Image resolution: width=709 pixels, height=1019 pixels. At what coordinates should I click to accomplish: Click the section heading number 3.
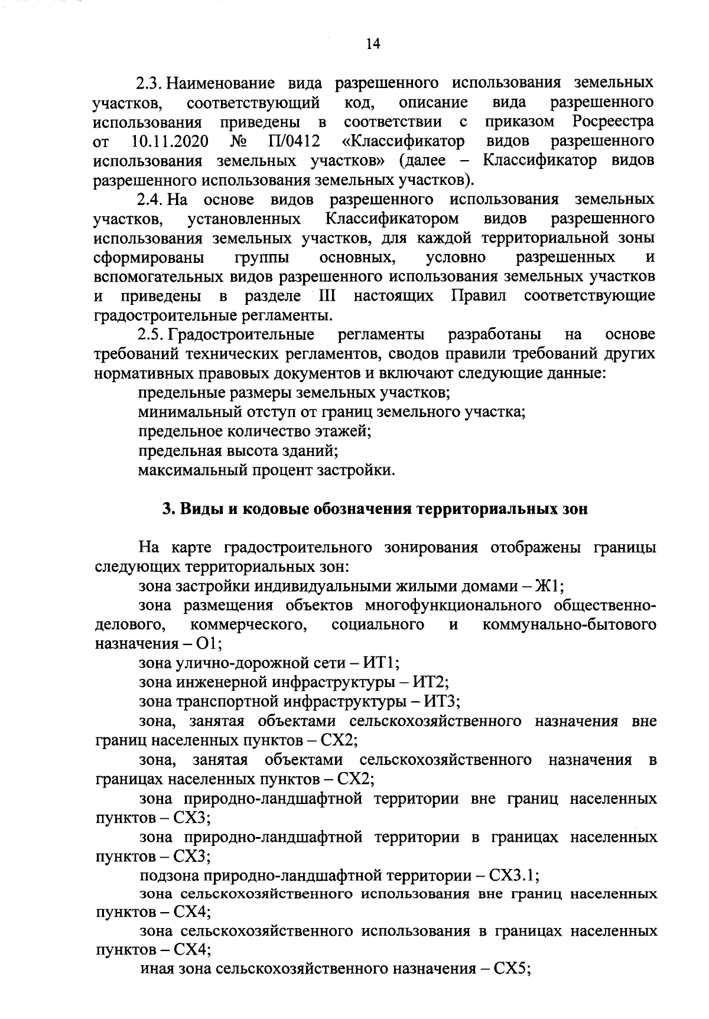point(167,509)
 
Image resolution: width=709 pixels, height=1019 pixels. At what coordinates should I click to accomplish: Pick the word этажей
point(342,432)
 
